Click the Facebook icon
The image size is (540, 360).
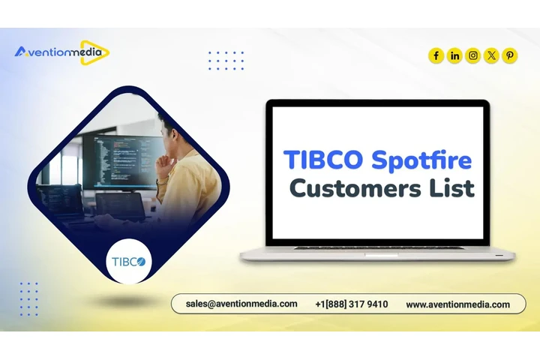point(436,55)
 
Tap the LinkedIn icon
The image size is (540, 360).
point(454,55)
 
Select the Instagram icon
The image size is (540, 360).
point(473,55)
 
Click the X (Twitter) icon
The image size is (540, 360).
point(491,55)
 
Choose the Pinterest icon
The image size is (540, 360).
point(510,55)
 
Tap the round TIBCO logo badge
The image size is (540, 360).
point(130,261)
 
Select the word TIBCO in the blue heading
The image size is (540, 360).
point(322,159)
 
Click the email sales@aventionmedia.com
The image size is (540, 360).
point(241,304)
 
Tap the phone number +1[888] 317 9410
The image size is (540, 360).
point(352,304)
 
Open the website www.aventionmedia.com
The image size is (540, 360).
point(457,304)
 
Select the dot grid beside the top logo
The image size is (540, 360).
point(226,60)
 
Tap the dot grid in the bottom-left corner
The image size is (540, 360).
point(28,298)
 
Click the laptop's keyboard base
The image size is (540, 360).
point(377,253)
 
